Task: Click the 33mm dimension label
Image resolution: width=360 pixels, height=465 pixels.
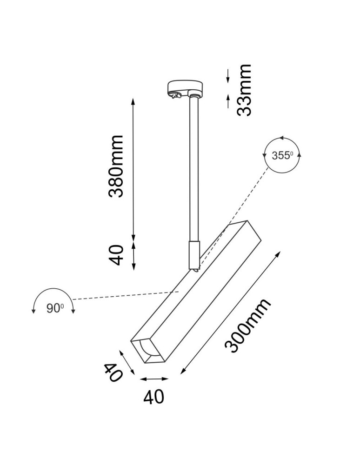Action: click(244, 90)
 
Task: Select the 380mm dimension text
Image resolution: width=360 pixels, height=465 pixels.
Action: click(116, 166)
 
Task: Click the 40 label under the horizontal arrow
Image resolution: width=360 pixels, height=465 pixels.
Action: click(154, 397)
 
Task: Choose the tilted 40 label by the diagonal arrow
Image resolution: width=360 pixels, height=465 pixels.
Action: click(113, 372)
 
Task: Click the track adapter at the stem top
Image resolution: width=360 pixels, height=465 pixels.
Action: click(185, 88)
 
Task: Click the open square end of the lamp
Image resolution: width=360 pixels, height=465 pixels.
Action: click(148, 352)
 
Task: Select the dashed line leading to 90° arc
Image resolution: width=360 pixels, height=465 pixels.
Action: click(121, 296)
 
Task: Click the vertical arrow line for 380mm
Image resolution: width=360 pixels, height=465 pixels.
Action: click(134, 167)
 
